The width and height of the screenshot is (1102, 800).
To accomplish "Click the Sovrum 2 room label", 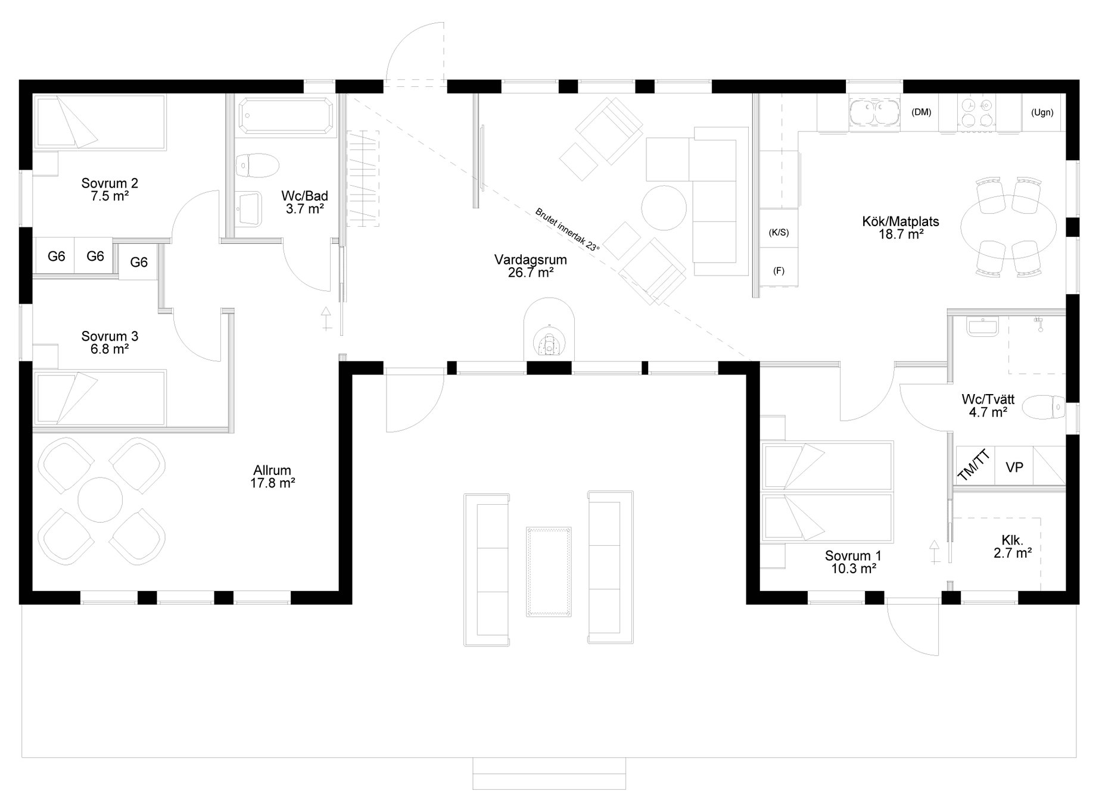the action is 110,189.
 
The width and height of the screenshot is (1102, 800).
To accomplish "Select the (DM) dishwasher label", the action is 921,112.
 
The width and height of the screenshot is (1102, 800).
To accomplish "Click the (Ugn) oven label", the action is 1042,112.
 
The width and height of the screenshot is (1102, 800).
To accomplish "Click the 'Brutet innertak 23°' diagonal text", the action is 568,230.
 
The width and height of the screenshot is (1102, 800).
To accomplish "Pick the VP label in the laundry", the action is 1014,467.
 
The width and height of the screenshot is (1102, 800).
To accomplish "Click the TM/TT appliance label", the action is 974,465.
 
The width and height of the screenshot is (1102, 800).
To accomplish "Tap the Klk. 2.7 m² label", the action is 1013,547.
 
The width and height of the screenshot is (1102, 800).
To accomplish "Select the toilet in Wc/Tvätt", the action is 1043,408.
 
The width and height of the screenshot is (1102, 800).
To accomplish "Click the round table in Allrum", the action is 100,501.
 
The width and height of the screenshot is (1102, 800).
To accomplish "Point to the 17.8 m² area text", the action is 273,483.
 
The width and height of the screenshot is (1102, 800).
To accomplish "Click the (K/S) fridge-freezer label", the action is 779,232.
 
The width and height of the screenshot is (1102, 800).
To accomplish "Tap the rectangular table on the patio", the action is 549,571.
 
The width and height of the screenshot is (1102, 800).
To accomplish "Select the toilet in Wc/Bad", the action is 257,165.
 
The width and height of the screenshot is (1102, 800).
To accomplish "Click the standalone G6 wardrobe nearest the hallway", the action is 139,262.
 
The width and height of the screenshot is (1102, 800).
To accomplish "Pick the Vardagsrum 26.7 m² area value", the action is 531,273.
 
